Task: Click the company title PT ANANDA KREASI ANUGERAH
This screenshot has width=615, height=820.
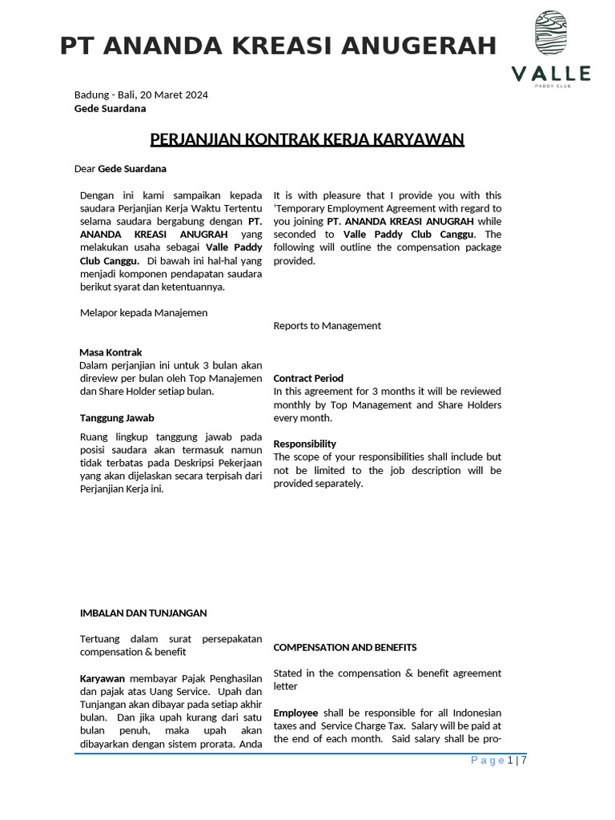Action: click(x=278, y=46)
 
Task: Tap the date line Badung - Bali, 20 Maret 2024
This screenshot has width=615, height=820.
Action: click(x=141, y=94)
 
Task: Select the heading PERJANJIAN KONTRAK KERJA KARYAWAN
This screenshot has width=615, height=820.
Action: click(x=307, y=140)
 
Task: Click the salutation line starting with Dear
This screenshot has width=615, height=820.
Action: click(x=120, y=169)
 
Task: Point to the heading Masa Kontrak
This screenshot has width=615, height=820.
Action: click(x=111, y=352)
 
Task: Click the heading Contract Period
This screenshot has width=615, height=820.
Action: click(x=308, y=378)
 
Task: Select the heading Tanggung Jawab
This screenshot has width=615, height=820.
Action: click(x=117, y=418)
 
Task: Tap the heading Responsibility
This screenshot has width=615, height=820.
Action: click(x=305, y=444)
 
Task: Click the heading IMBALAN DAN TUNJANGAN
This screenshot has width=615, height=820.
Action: click(x=143, y=613)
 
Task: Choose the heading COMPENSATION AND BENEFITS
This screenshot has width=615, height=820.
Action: click(x=345, y=647)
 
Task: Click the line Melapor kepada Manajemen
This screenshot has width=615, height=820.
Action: click(x=144, y=312)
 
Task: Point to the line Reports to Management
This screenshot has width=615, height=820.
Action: click(x=328, y=326)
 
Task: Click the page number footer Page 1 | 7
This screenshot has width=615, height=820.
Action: click(x=499, y=761)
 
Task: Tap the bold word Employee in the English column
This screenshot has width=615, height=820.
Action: click(x=295, y=713)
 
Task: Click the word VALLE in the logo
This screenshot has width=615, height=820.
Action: click(x=551, y=74)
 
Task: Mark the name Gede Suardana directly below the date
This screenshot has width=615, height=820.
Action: click(x=111, y=108)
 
